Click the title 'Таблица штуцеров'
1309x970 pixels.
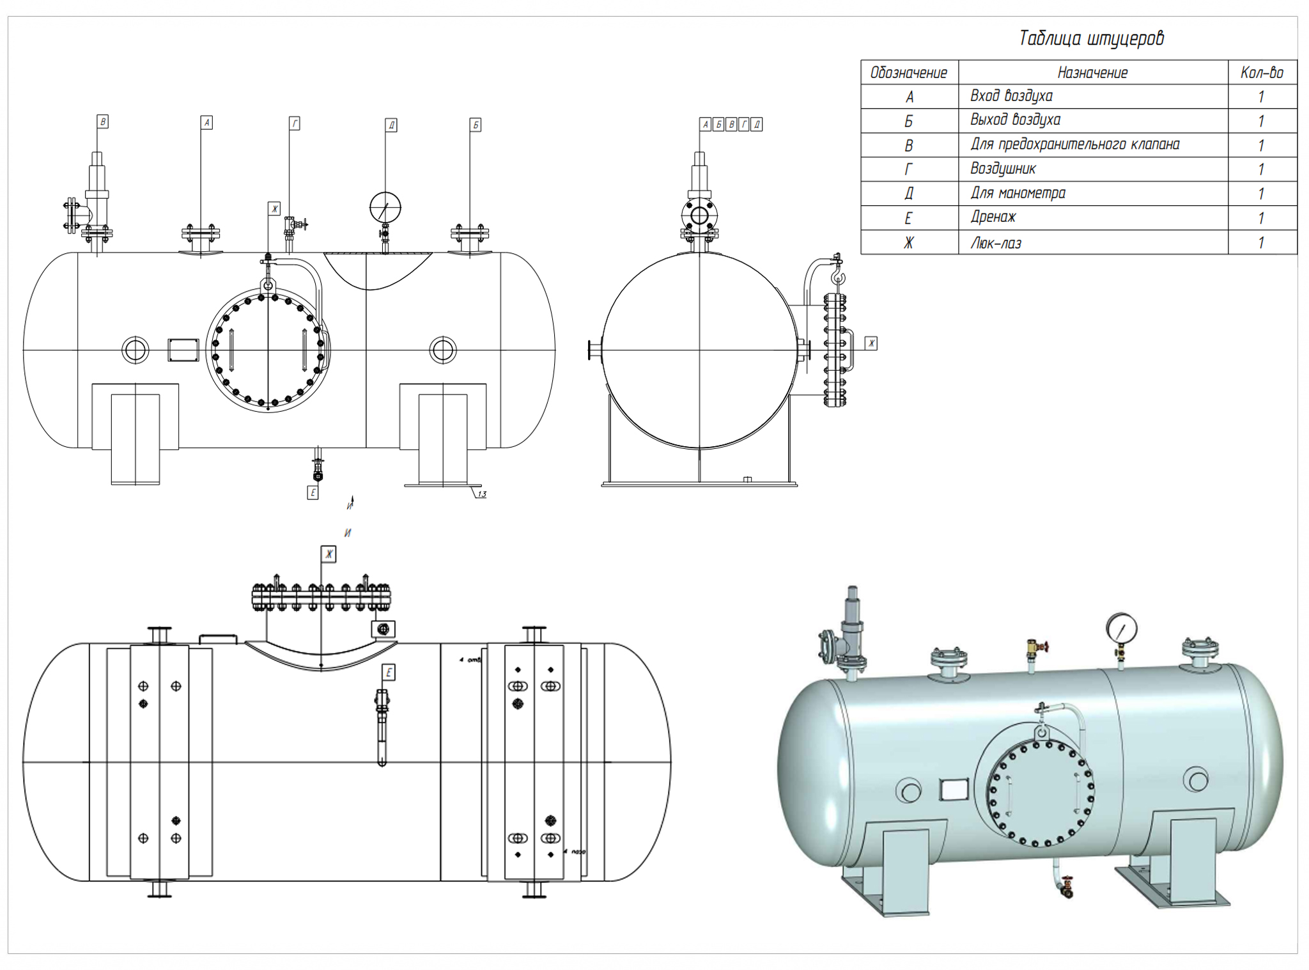[1091, 38]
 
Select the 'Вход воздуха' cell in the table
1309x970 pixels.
[1011, 96]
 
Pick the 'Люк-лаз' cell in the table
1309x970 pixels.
[996, 243]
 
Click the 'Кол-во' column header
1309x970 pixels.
[1262, 73]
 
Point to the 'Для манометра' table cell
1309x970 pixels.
[1018, 193]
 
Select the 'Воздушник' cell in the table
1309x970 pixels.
[1003, 169]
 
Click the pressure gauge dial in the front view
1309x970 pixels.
[385, 207]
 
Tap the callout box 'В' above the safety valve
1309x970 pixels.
[103, 121]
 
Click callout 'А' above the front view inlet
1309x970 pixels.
[206, 122]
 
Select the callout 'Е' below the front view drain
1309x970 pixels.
[313, 492]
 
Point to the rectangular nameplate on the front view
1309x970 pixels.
[183, 350]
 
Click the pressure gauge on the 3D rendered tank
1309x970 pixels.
[1121, 629]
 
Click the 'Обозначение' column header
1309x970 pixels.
[908, 73]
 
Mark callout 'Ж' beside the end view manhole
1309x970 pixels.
[871, 343]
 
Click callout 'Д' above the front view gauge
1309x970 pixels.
[391, 125]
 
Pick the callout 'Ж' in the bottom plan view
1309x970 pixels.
[329, 554]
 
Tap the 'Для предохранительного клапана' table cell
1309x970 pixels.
[1074, 145]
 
